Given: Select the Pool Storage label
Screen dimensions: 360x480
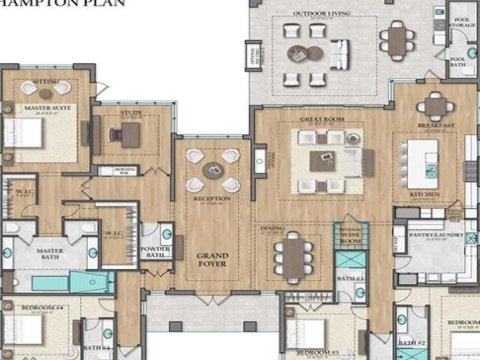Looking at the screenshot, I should pyautogui.click(x=462, y=21).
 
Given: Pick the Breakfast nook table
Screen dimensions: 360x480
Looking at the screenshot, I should pyautogui.click(x=435, y=105).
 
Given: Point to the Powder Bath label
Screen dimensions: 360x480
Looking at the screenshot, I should pyautogui.click(x=154, y=252).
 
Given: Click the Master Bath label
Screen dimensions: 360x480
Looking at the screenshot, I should pyautogui.click(x=51, y=251).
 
